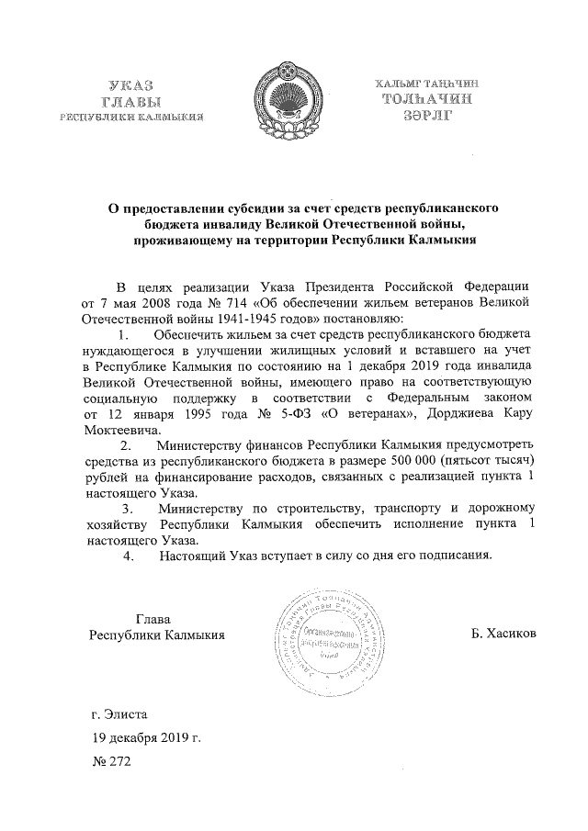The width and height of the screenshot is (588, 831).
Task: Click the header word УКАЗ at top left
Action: (x=130, y=84)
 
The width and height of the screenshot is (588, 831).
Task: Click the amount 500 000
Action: (x=390, y=465)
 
